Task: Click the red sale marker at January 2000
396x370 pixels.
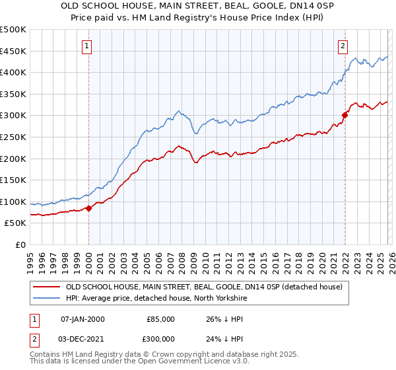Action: click(88, 208)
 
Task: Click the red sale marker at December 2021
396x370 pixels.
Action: click(345, 115)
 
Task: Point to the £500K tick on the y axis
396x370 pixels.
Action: click(13, 30)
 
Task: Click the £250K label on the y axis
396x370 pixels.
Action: click(13, 137)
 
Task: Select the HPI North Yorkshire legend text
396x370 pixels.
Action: click(156, 299)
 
